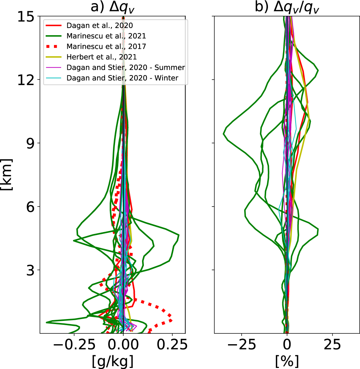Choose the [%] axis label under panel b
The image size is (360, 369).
(x=287, y=361)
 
